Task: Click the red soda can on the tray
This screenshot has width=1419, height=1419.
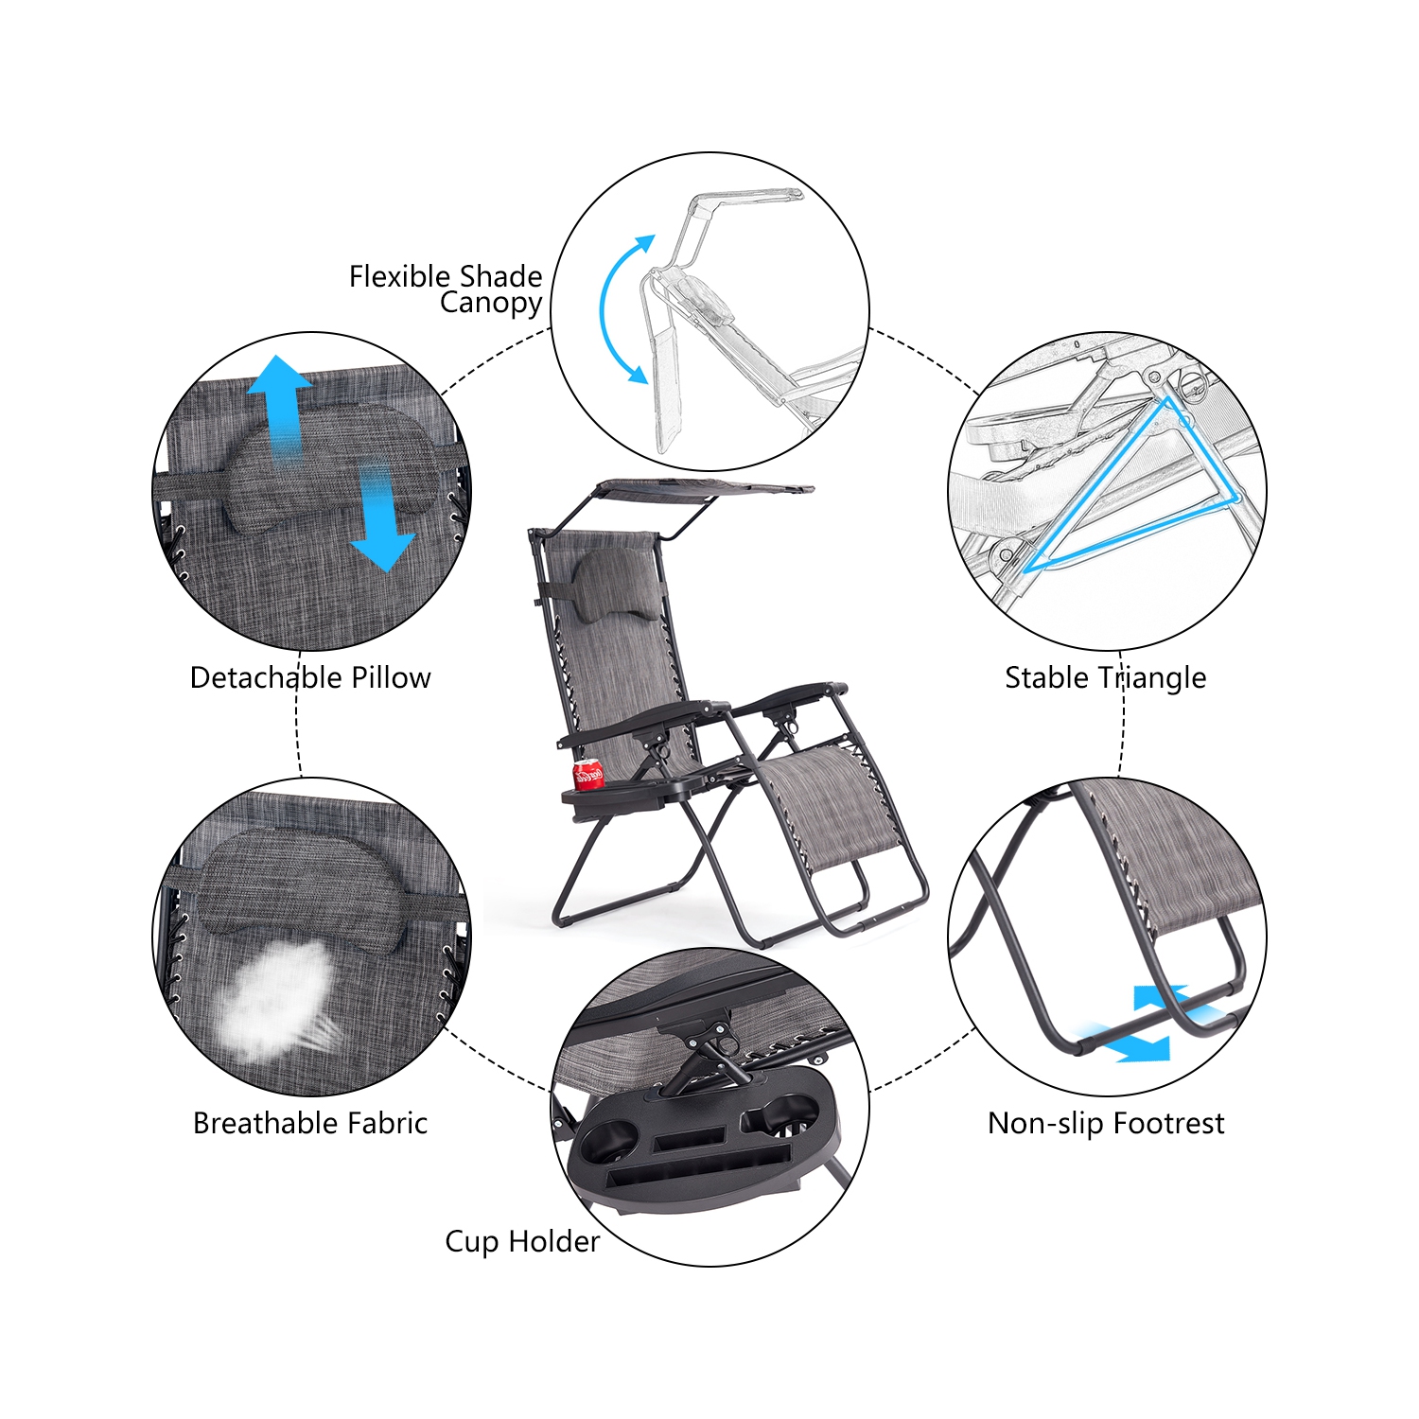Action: [x=588, y=774]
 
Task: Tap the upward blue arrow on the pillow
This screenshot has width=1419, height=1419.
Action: [x=279, y=407]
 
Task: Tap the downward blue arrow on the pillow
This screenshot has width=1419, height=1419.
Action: [x=380, y=518]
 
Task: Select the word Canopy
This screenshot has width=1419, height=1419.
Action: [x=491, y=304]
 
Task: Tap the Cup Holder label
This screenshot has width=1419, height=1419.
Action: [x=522, y=1241]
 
